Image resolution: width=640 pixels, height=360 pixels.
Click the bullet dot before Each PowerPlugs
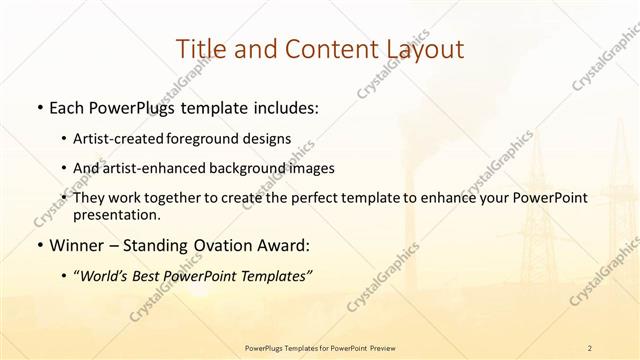38,108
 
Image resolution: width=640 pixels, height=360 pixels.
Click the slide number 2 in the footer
590,347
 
